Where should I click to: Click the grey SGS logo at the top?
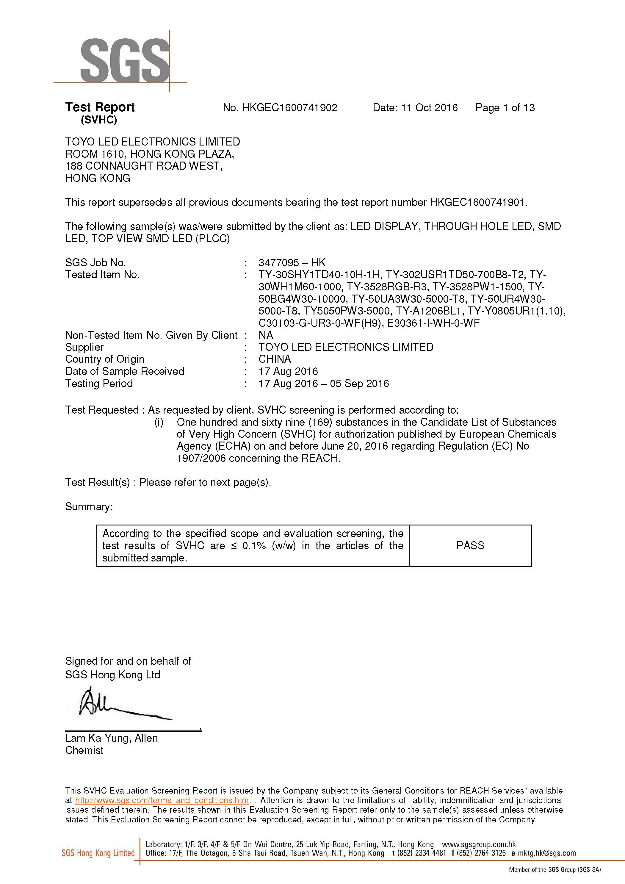point(125,60)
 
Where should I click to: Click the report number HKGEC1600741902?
point(289,108)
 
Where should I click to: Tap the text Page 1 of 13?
point(505,108)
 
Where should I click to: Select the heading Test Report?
point(100,107)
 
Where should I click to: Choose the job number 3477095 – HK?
point(292,263)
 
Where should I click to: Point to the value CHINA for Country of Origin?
point(274,359)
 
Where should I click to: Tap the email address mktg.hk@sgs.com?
point(546,853)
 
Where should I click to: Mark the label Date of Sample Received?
point(125,371)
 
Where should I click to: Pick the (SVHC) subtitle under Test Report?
point(99,120)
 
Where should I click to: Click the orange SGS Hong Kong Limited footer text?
point(98,853)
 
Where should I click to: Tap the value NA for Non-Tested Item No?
point(266,335)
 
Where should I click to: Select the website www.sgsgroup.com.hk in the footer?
point(479,844)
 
